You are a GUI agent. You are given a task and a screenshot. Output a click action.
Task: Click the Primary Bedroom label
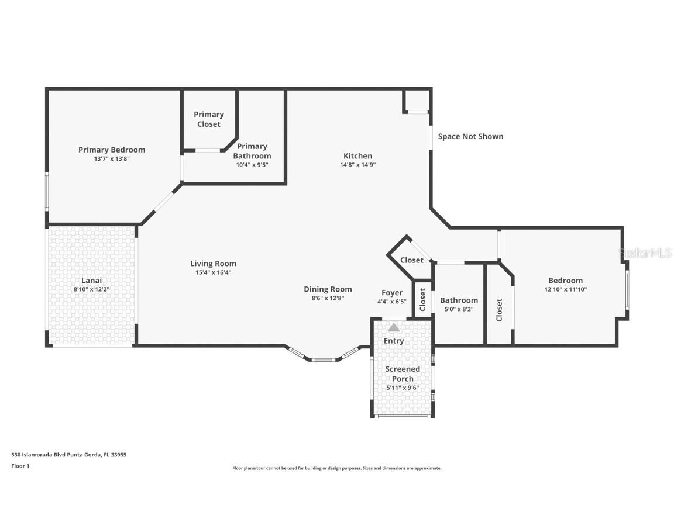(x=112, y=150)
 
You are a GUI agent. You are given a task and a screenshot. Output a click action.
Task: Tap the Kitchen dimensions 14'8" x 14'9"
(x=357, y=165)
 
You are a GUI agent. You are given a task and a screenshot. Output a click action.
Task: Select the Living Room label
(x=213, y=263)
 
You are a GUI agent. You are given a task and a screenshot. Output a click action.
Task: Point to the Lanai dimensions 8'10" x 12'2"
(x=91, y=289)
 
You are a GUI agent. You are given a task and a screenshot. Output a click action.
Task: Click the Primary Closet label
(x=209, y=119)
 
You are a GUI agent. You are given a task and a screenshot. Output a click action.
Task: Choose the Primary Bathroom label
(x=252, y=151)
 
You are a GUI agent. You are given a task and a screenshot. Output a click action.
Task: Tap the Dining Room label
(x=328, y=289)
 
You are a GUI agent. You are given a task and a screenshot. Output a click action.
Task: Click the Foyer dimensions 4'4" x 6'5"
(x=391, y=302)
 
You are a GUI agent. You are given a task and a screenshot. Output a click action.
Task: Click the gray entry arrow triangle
(x=394, y=327)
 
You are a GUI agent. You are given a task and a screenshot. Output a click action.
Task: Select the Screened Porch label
(x=403, y=373)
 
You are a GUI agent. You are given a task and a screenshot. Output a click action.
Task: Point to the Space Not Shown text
(x=470, y=136)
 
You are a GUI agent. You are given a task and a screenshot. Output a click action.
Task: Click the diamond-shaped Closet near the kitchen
(x=412, y=260)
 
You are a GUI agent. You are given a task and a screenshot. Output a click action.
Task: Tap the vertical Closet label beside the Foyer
(x=423, y=299)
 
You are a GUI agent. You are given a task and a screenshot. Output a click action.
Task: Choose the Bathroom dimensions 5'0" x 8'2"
(x=459, y=309)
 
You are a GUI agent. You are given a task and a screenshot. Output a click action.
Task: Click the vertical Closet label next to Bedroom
(x=499, y=310)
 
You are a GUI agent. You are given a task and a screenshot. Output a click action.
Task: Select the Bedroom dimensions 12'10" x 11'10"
(x=565, y=289)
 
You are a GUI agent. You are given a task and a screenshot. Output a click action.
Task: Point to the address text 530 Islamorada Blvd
(x=69, y=454)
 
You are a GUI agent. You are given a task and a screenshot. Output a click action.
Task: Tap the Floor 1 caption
(x=20, y=466)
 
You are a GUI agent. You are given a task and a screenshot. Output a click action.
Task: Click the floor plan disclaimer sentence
(x=336, y=468)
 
